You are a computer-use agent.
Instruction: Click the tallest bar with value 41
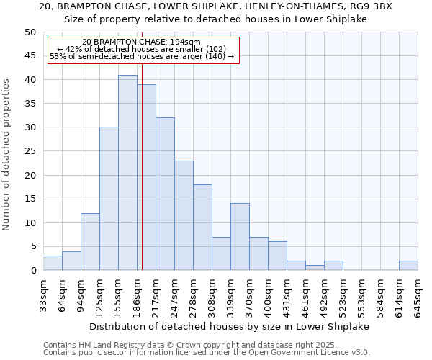point(127,173)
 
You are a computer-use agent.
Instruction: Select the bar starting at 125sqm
point(109,199)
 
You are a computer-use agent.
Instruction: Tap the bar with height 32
point(165,194)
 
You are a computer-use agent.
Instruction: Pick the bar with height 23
point(184,215)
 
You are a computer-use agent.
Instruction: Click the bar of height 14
point(240,237)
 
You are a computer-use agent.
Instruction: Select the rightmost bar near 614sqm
point(408,266)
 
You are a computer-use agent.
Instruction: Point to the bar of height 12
point(90,242)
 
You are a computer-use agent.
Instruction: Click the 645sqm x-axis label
point(418,295)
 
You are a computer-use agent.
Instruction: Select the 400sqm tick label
point(268,295)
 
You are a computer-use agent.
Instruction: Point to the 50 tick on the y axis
point(30,32)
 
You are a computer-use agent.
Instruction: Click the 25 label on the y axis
point(30,151)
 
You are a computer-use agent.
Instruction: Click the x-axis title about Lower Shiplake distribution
point(230,326)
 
